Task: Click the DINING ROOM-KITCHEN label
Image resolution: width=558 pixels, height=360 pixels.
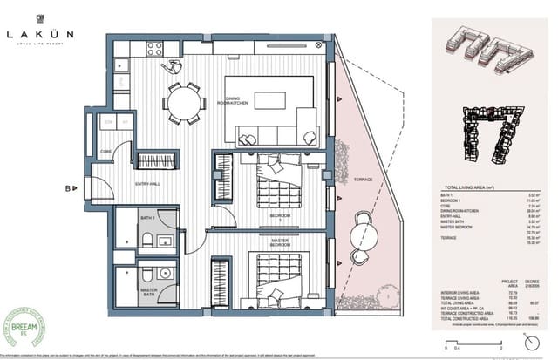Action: (x=238, y=101)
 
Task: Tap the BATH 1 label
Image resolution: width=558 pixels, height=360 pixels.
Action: (x=146, y=217)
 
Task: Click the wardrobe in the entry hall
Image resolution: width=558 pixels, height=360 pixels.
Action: (x=158, y=161)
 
